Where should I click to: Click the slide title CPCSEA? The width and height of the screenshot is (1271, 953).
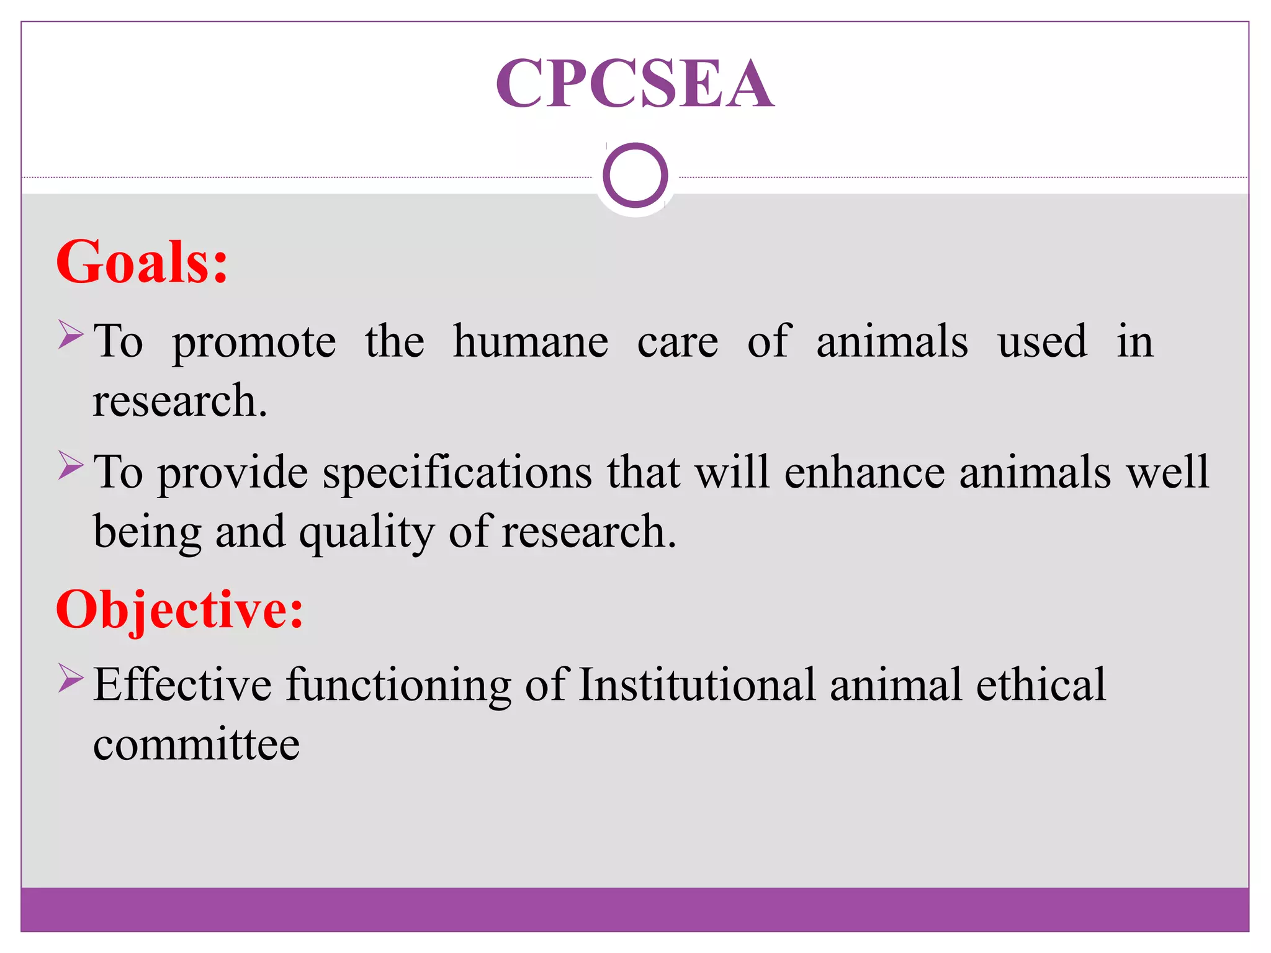635,84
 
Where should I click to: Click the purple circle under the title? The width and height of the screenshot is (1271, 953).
635,175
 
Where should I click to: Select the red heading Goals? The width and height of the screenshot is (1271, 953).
142,262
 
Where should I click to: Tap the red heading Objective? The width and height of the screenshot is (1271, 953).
179,610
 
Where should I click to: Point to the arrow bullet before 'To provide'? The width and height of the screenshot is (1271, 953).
71,465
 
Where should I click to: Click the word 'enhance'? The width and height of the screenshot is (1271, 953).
865,473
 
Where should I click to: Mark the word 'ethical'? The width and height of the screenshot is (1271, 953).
1041,685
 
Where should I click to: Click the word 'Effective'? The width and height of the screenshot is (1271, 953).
182,685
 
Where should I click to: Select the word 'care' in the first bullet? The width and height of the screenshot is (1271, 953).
678,343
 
